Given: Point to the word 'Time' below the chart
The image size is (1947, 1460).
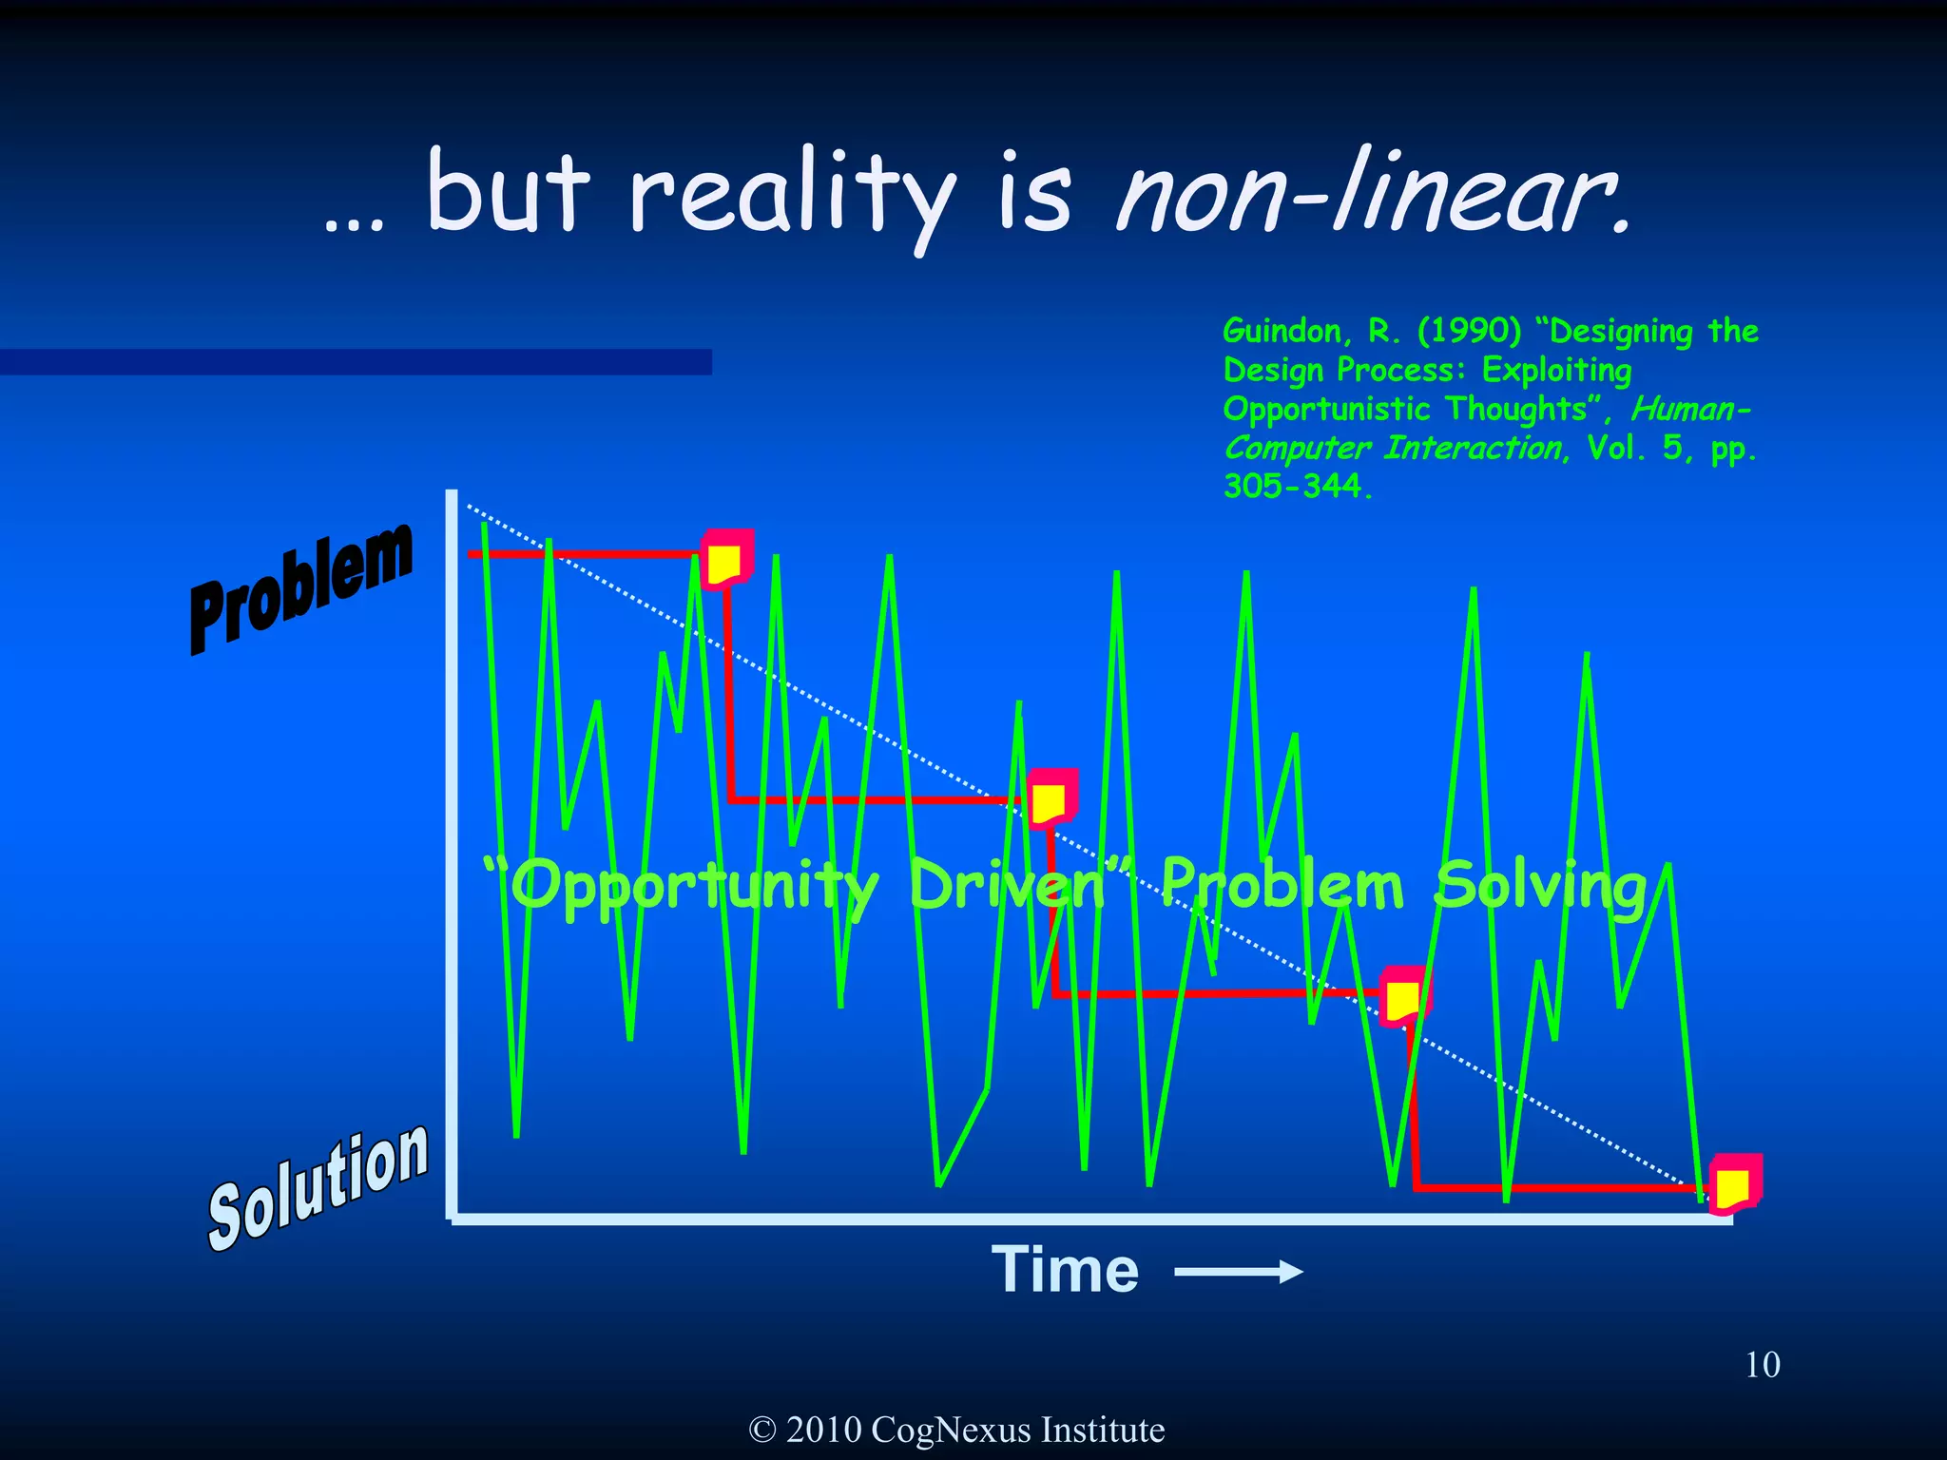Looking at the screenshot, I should (x=1065, y=1270).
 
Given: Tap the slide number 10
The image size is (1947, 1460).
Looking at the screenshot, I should (x=1763, y=1365).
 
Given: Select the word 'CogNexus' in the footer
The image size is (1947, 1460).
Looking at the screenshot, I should (x=950, y=1430).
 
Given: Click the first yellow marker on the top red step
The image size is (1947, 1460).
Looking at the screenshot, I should (x=725, y=561).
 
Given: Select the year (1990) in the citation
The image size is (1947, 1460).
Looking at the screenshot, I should (x=1469, y=331).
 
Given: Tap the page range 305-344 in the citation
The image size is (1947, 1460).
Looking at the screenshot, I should (x=1295, y=487).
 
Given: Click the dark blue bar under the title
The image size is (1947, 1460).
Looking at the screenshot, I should (x=356, y=362).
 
